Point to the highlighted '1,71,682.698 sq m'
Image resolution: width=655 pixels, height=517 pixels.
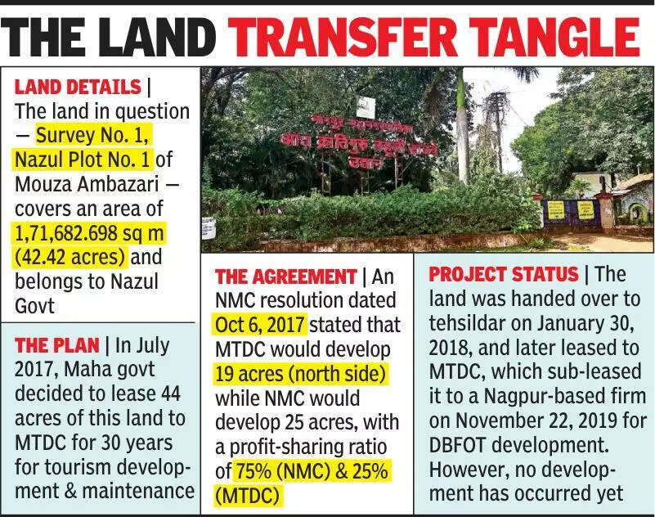pyautogui.click(x=89, y=233)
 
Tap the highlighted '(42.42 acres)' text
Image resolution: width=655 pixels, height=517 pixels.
pyautogui.click(x=70, y=257)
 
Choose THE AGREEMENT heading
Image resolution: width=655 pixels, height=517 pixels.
pyautogui.click(x=285, y=276)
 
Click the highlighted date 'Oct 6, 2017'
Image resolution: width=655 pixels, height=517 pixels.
pyautogui.click(x=260, y=325)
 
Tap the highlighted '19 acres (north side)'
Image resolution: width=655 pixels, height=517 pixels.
pyautogui.click(x=300, y=374)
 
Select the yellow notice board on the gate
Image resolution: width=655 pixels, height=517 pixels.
pyautogui.click(x=585, y=209)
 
